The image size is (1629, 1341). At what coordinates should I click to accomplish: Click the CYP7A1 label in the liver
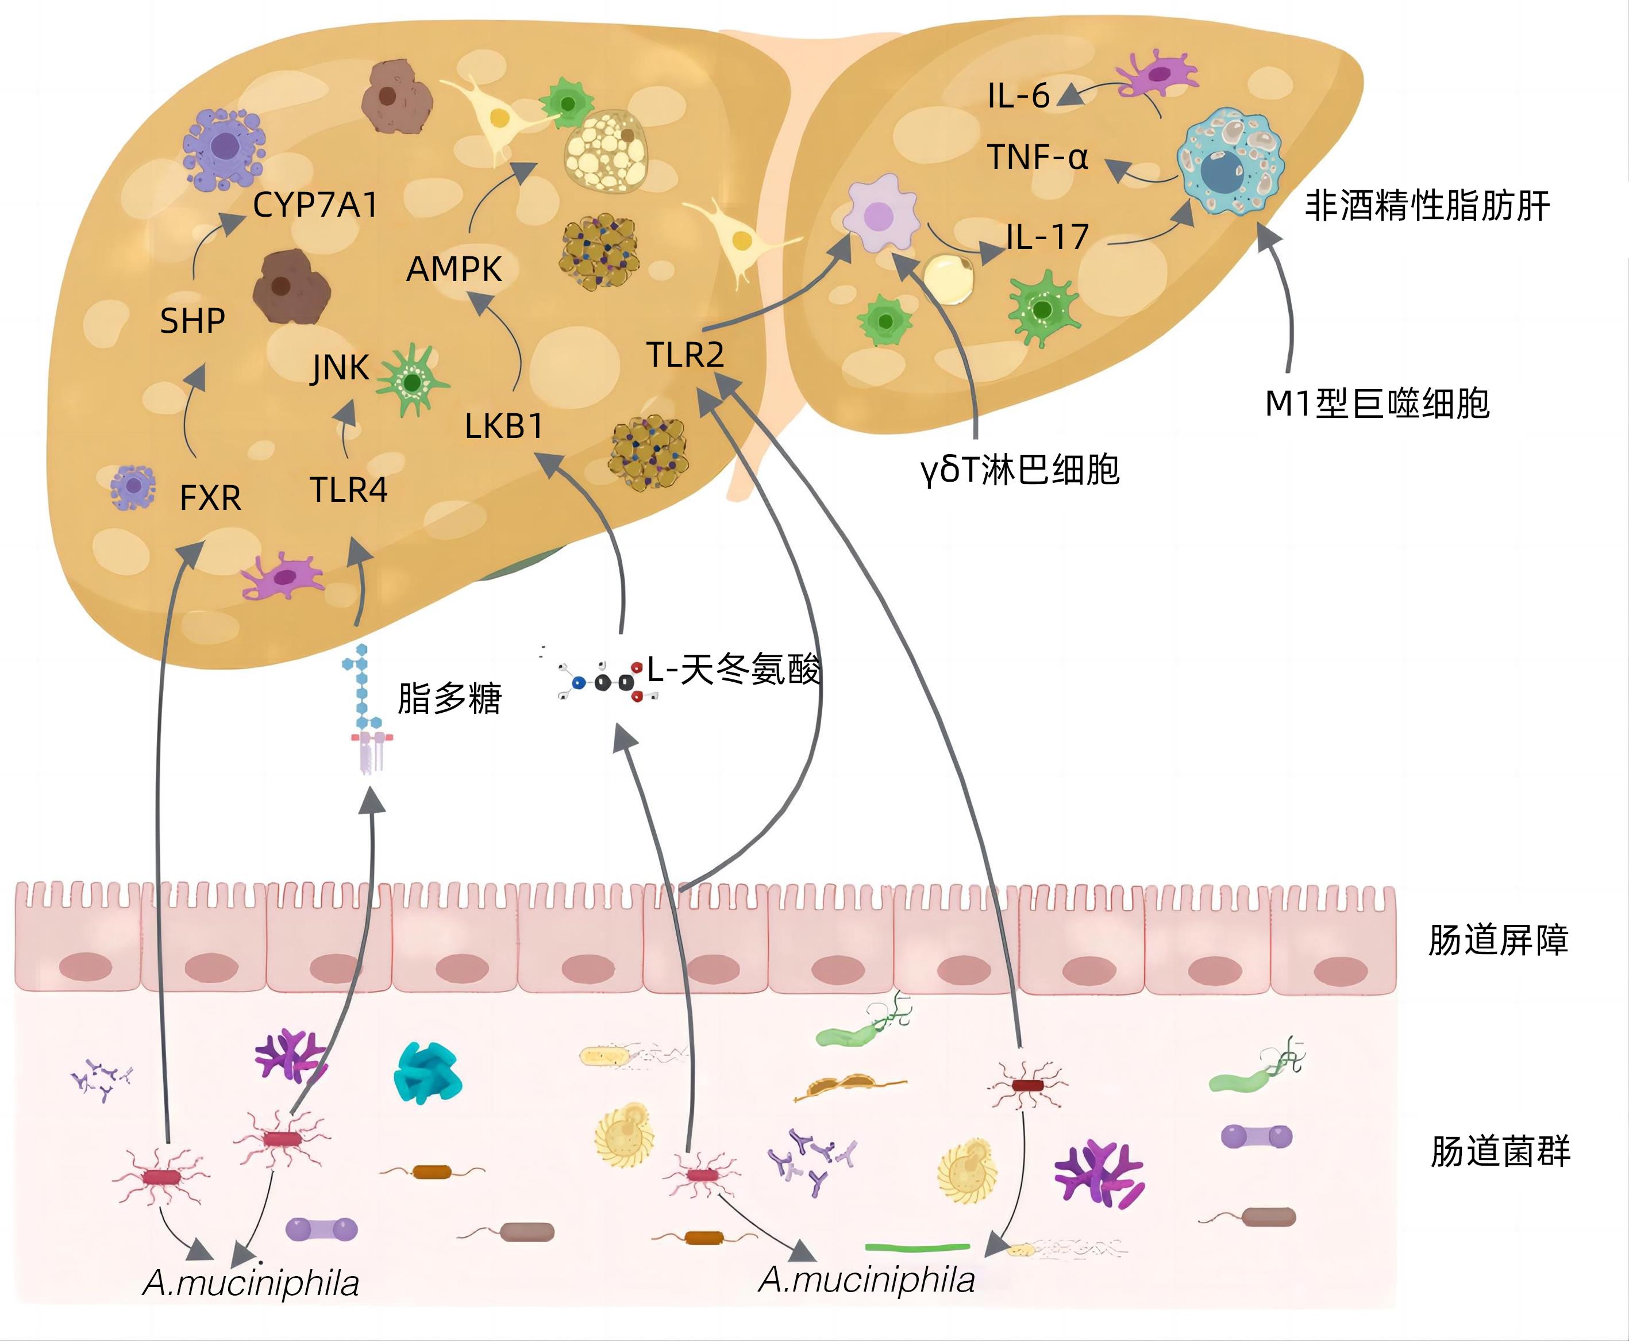pyautogui.click(x=316, y=205)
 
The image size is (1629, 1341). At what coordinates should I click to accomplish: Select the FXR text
pyautogui.click(x=210, y=497)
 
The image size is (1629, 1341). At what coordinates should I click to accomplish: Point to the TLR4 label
pyautogui.click(x=348, y=490)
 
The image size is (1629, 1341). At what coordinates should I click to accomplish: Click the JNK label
pyautogui.click(x=340, y=368)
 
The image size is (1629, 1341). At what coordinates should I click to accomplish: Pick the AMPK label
pyautogui.click(x=454, y=270)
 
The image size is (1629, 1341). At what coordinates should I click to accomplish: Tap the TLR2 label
pyautogui.click(x=686, y=355)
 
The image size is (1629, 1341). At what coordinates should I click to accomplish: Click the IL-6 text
pyautogui.click(x=1018, y=97)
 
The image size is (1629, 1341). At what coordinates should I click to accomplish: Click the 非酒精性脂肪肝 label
pyautogui.click(x=1427, y=206)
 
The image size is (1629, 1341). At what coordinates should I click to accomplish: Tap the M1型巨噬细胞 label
pyautogui.click(x=1377, y=404)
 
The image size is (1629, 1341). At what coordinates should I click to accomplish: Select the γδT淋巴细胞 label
pyautogui.click(x=1020, y=470)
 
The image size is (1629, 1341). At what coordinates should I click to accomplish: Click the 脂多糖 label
pyautogui.click(x=449, y=698)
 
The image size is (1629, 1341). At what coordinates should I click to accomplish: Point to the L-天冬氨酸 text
pyautogui.click(x=733, y=669)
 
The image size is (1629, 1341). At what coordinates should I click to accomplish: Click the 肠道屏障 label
pyautogui.click(x=1498, y=940)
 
